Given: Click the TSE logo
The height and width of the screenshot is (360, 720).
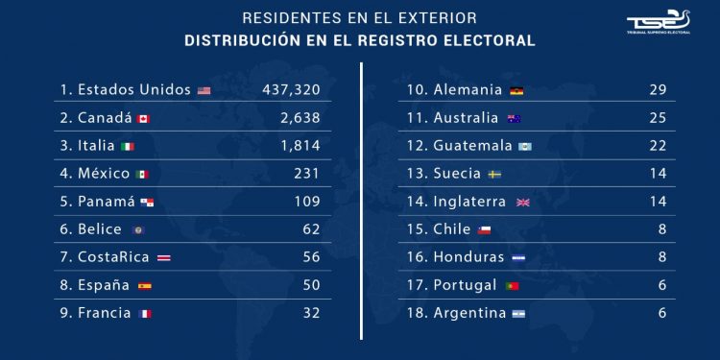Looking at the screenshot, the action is click(x=658, y=22).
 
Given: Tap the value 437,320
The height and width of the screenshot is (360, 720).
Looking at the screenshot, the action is click(x=291, y=90).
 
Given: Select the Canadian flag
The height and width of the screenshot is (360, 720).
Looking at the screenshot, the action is click(x=143, y=119).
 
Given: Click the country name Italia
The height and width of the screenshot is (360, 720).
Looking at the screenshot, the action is click(x=96, y=146).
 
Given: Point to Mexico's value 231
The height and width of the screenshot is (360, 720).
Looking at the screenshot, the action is click(x=307, y=174).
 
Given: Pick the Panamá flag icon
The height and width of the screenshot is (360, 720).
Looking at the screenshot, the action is click(x=147, y=203).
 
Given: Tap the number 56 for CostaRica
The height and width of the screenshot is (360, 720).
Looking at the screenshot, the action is click(x=311, y=257).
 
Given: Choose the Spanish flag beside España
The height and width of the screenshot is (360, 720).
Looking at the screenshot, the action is click(x=145, y=286).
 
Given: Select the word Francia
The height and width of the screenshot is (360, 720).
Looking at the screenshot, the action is click(x=105, y=313).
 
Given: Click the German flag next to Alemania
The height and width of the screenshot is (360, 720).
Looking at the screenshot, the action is click(x=516, y=91).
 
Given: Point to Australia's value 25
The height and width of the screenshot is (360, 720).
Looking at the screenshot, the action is click(x=658, y=118).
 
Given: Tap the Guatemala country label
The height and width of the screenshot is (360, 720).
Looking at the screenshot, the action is click(x=473, y=146).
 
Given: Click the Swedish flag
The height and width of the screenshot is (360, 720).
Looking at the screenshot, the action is click(x=494, y=175).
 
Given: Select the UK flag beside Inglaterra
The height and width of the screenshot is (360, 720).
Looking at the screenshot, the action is click(x=523, y=203).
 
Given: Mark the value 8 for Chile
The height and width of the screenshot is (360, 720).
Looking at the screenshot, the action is click(x=661, y=229).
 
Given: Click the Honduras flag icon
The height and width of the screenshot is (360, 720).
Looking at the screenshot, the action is click(x=518, y=258).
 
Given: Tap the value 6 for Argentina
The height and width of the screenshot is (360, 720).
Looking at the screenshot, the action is click(x=661, y=313).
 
